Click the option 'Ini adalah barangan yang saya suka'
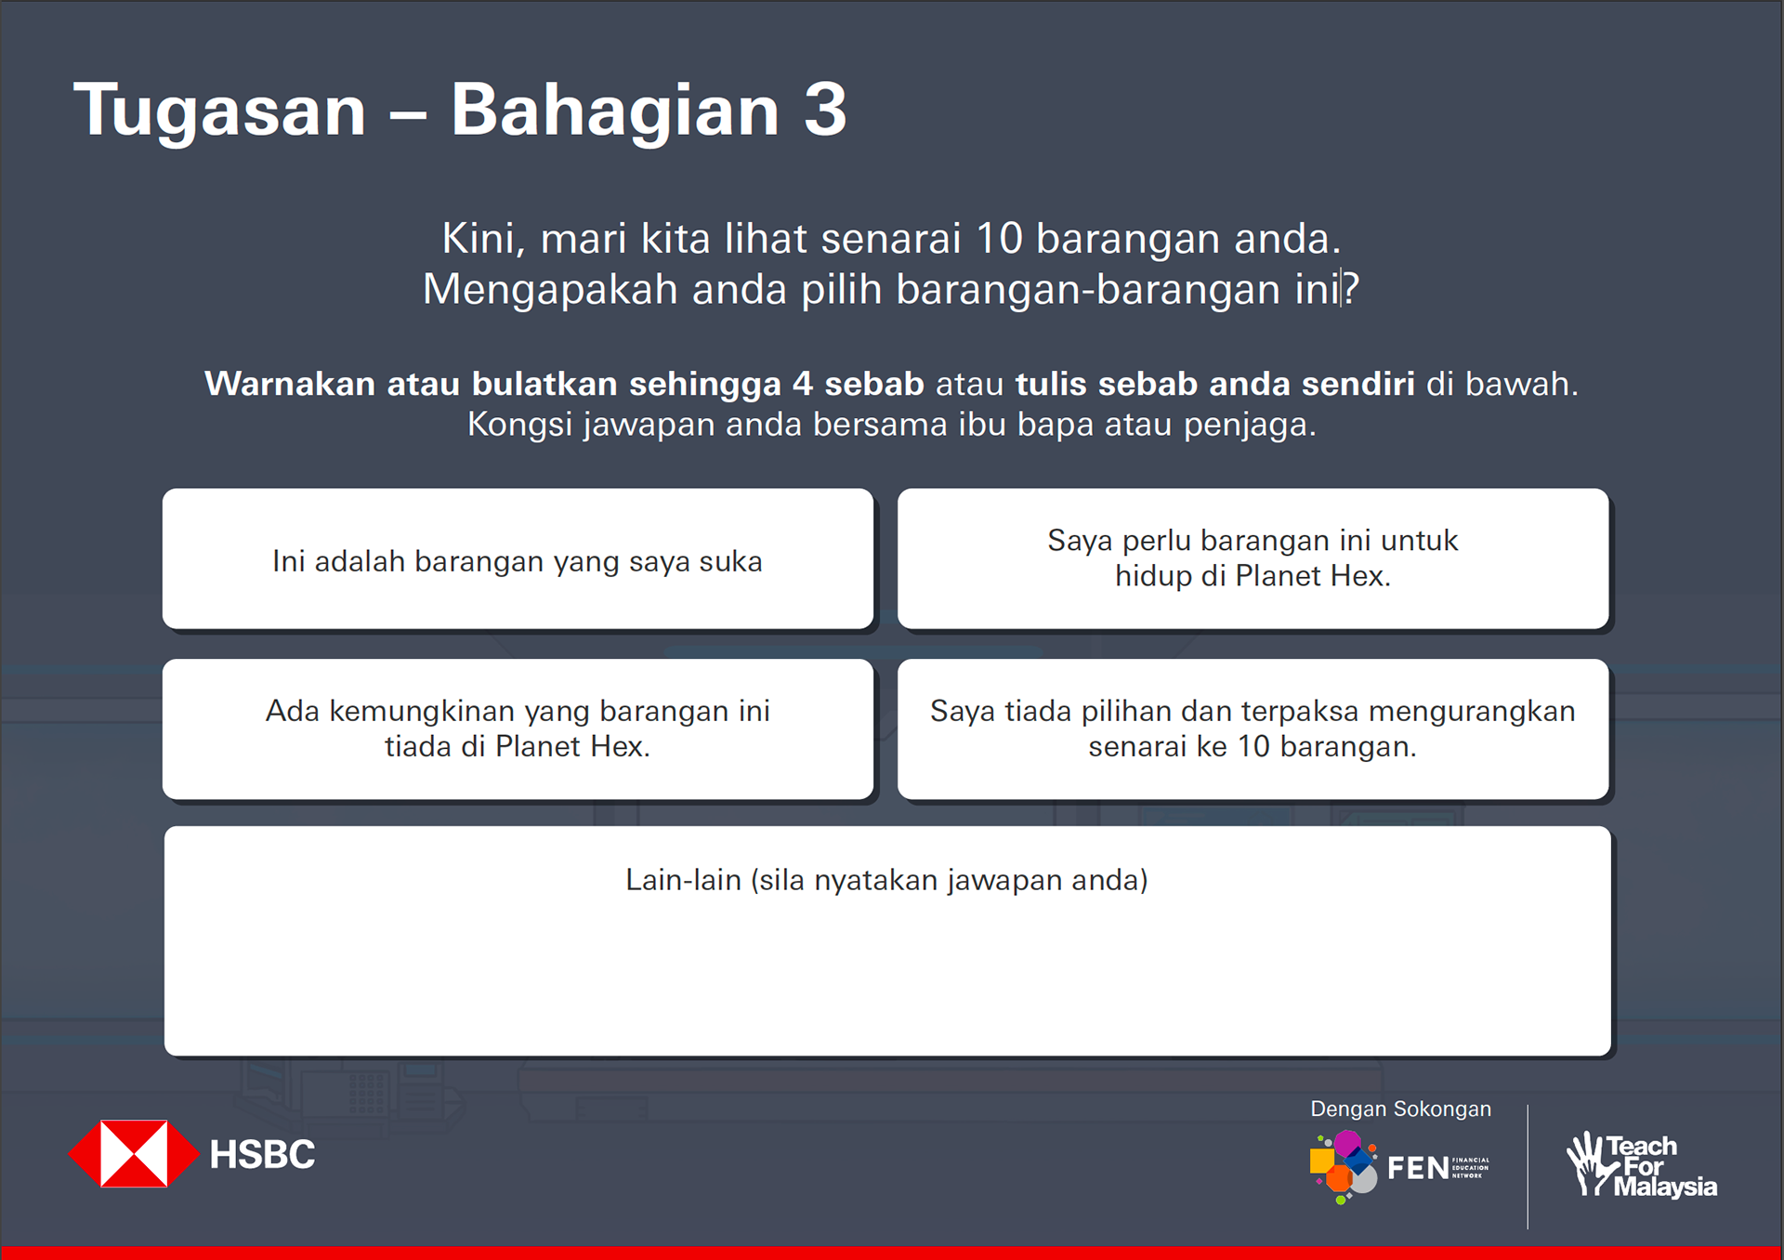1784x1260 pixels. (x=518, y=560)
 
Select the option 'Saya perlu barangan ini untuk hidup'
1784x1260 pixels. (x=1253, y=558)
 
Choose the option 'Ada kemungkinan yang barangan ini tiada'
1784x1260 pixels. (x=518, y=729)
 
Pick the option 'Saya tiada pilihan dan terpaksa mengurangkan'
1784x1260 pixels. (x=1253, y=729)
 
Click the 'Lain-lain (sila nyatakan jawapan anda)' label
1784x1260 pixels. (x=886, y=880)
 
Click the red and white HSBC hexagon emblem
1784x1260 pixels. (x=134, y=1154)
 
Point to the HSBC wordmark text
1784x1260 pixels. (x=262, y=1155)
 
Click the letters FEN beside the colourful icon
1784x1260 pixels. (x=1418, y=1168)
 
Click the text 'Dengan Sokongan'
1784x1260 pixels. (x=1400, y=1109)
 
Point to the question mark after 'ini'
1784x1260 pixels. (x=1351, y=289)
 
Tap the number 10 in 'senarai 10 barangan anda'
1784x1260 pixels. (x=999, y=239)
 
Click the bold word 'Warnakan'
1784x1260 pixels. (x=290, y=384)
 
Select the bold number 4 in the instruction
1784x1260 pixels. (x=803, y=384)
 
